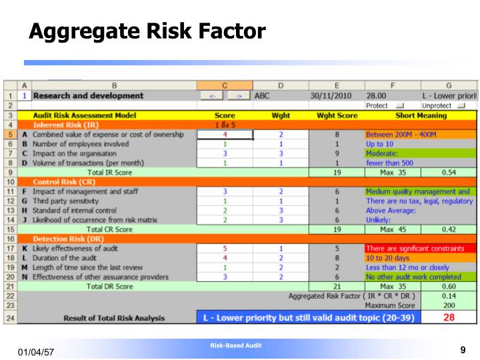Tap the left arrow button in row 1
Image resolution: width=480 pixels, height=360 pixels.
(211, 96)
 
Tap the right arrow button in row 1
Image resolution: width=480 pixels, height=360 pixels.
(237, 96)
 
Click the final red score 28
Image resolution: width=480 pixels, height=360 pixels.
(449, 317)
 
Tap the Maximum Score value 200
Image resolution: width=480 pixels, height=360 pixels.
(449, 305)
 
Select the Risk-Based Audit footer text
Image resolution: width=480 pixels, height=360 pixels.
(235, 345)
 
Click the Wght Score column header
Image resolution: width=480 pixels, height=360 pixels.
(337, 115)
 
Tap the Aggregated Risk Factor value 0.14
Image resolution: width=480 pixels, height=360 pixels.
(449, 295)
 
